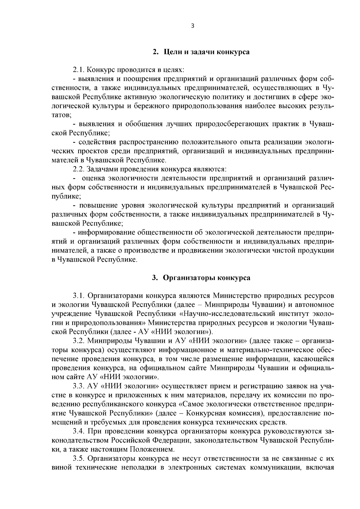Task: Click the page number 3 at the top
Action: click(192, 26)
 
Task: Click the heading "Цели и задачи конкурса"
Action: click(206, 52)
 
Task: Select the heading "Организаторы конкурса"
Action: click(206, 278)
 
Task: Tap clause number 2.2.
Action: click(79, 169)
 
